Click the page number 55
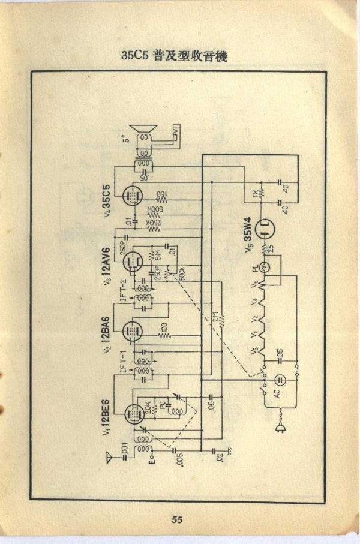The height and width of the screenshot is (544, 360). (176, 520)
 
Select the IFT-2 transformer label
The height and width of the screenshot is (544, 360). (124, 292)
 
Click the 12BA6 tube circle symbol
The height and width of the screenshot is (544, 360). (131, 330)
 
